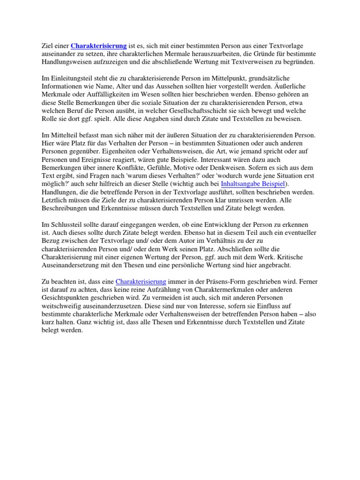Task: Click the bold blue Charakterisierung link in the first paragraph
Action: (98, 46)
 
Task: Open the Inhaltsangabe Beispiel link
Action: (253, 183)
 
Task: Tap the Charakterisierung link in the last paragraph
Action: (141, 282)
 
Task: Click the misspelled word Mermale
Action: (165, 54)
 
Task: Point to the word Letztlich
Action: (56, 199)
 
